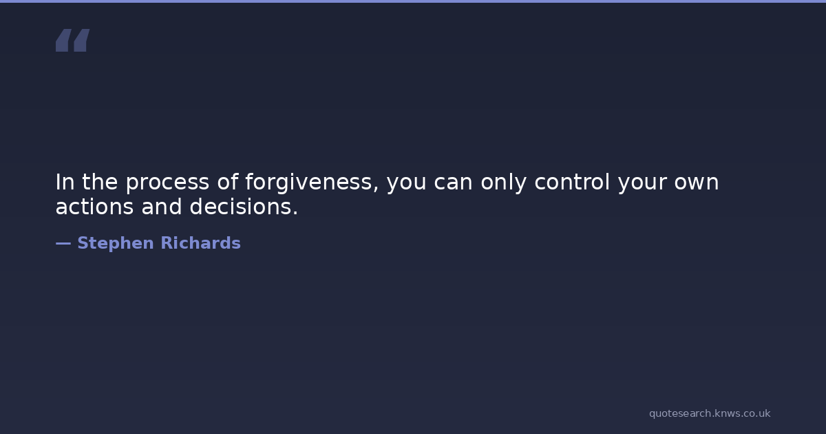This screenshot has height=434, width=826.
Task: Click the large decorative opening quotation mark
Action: [x=73, y=40]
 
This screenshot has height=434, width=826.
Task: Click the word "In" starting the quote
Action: [x=65, y=182]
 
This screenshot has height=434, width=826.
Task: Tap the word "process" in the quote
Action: [x=167, y=183]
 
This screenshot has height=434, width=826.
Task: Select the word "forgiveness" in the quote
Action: [x=308, y=183]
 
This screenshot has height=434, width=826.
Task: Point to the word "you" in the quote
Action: [x=406, y=184]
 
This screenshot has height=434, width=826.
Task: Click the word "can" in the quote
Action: [x=453, y=183]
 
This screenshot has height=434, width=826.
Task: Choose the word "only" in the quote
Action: [x=503, y=183]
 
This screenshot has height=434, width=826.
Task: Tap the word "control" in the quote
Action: [x=572, y=182]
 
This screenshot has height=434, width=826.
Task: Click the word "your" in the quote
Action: [x=642, y=184]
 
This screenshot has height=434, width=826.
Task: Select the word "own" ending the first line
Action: [x=697, y=183]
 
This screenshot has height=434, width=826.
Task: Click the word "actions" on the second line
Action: [x=94, y=207]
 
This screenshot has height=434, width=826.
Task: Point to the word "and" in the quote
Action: [x=162, y=206]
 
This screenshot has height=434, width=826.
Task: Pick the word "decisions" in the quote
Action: [x=241, y=206]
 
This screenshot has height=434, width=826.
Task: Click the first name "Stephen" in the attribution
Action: [x=116, y=244]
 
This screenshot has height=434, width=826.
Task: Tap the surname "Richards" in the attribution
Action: [x=200, y=242]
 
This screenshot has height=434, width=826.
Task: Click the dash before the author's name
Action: [x=63, y=244]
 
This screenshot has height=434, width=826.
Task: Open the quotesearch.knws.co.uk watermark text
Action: [x=710, y=414]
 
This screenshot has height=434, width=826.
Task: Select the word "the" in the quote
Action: [x=100, y=182]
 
